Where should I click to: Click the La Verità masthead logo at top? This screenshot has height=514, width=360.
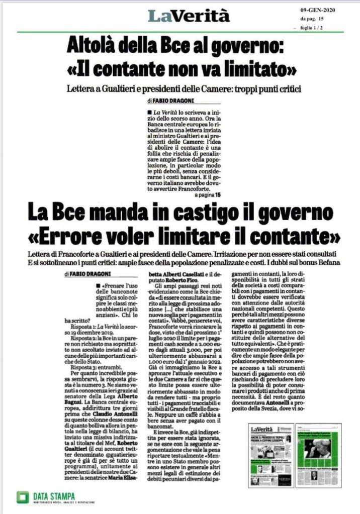[x=189, y=16]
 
